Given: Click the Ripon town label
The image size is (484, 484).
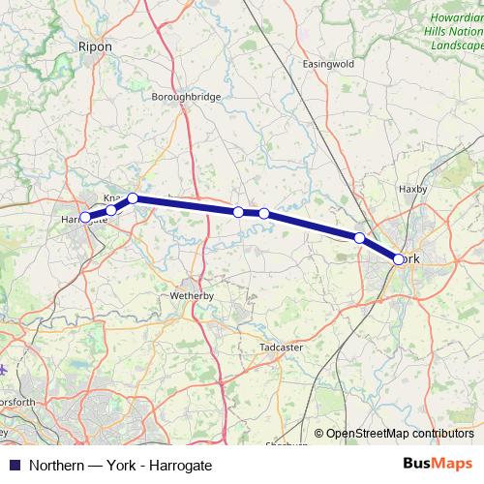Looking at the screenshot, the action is click(95, 45).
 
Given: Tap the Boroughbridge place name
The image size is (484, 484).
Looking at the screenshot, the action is click(187, 97).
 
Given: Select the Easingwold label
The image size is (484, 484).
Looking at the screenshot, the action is click(328, 64).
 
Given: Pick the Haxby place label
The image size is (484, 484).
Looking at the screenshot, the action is click(412, 189).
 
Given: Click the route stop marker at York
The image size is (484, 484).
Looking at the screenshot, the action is click(399, 258).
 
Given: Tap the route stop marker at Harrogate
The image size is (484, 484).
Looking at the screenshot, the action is click(85, 218).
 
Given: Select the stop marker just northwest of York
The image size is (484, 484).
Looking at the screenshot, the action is click(359, 238).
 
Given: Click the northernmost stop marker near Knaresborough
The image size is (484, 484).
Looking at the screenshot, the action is click(133, 198).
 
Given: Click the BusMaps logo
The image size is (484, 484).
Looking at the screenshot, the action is click(438, 465).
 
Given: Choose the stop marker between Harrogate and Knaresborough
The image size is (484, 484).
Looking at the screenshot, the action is click(111, 210).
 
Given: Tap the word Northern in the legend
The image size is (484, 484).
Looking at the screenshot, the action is click(55, 466).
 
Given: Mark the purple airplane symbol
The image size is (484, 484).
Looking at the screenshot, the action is click(5, 369).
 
